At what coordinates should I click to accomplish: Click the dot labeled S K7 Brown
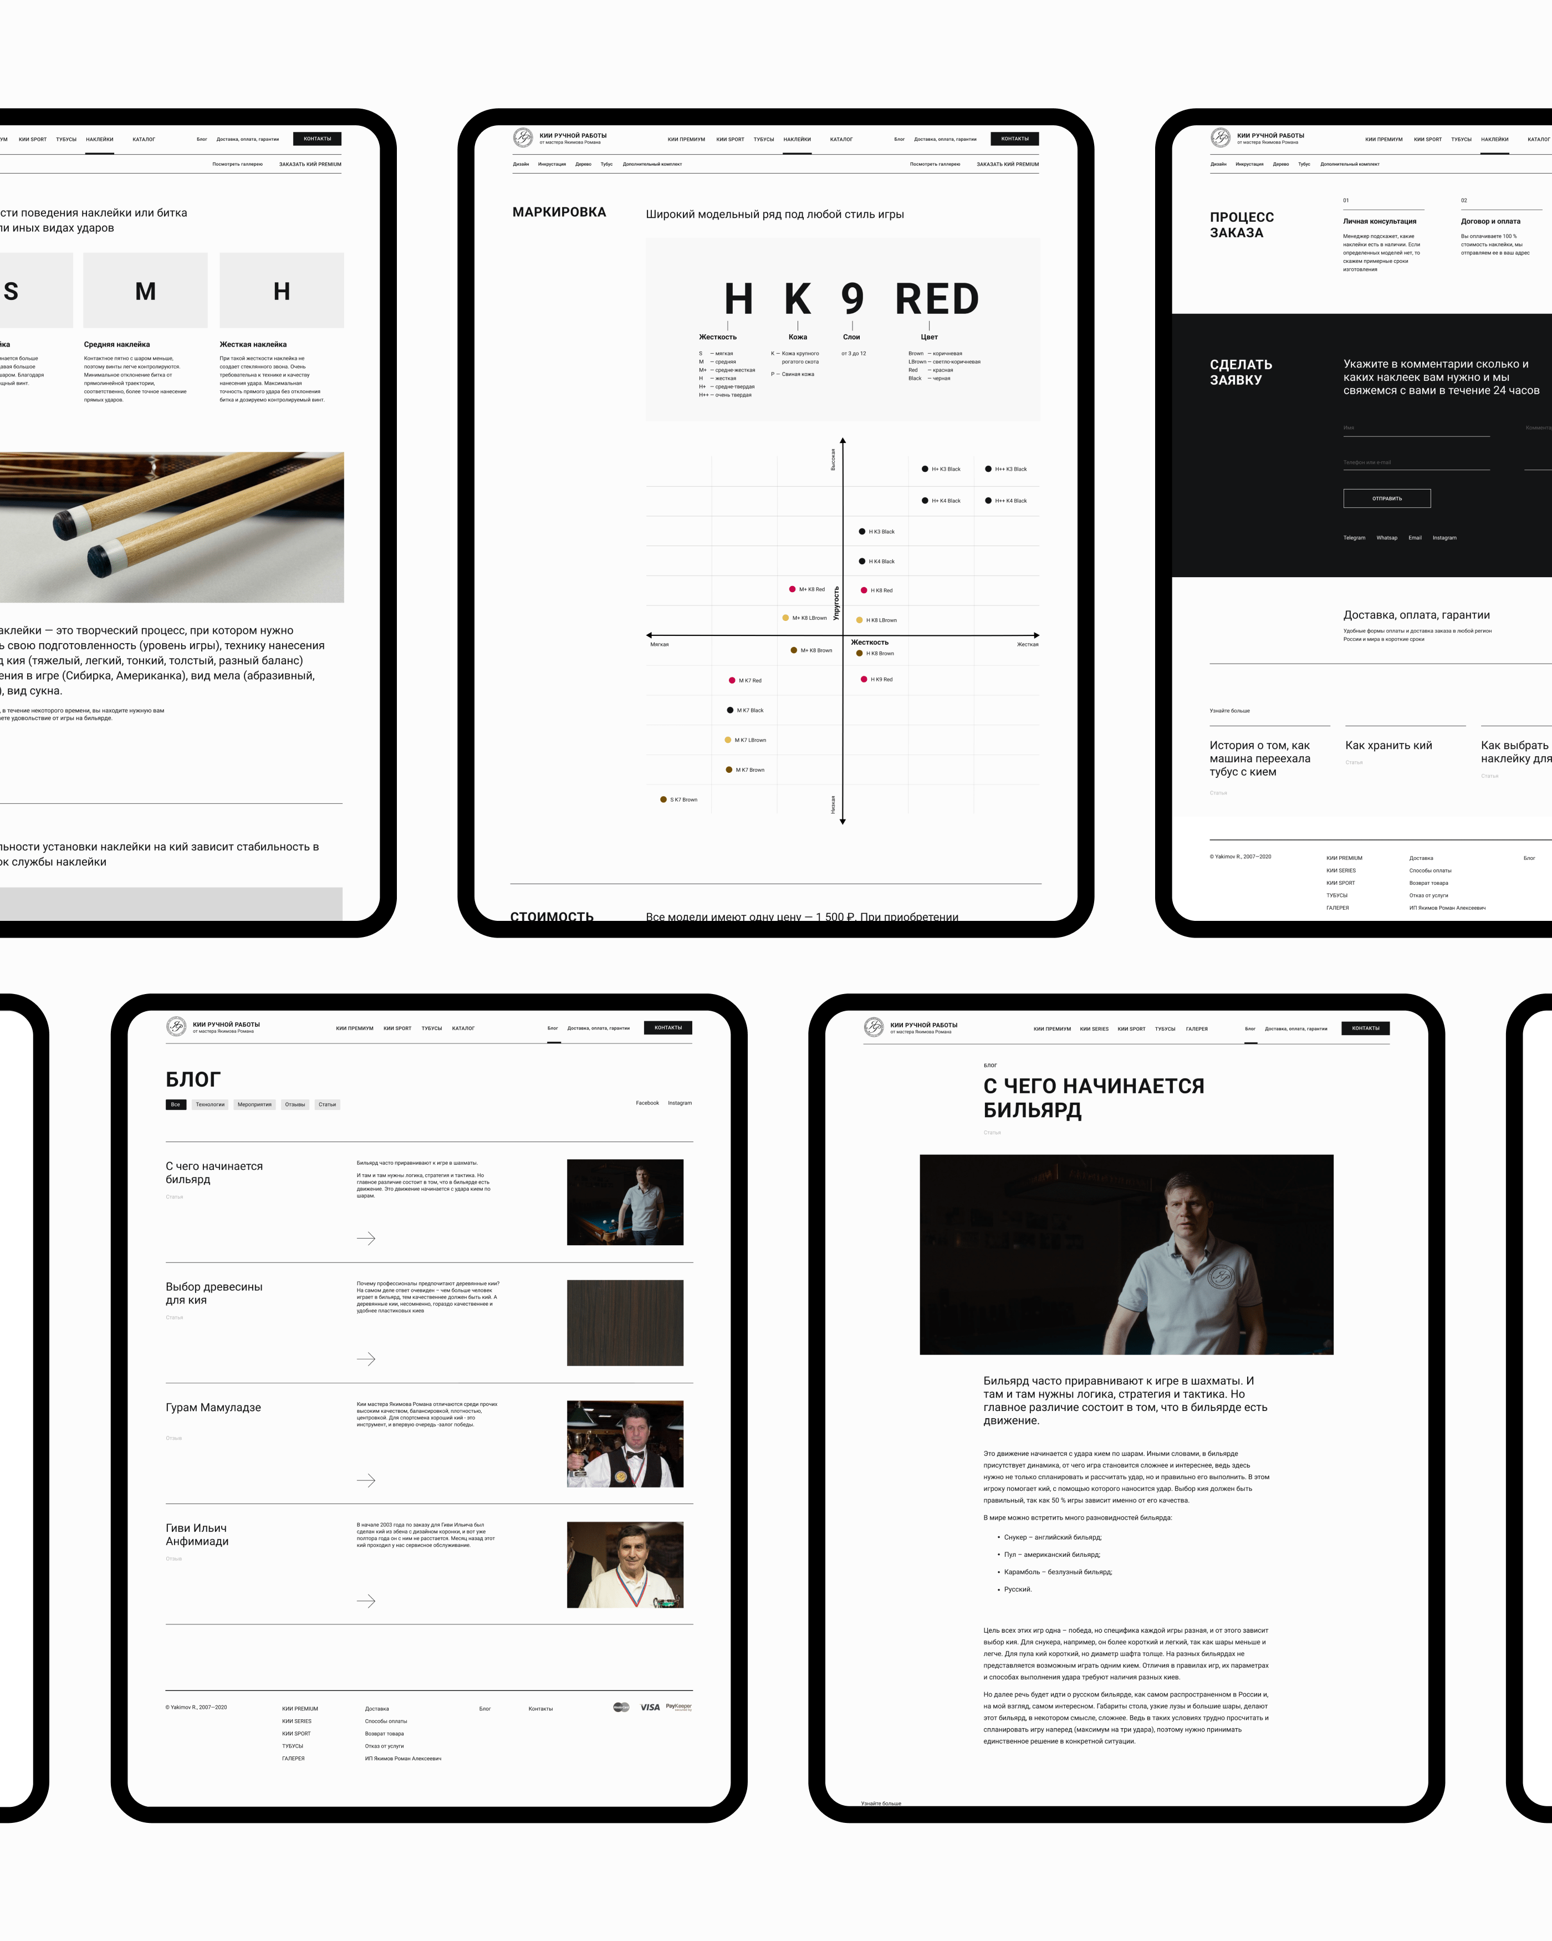tap(663, 799)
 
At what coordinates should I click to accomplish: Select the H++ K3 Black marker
tap(988, 469)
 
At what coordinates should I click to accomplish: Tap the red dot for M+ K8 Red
tap(792, 589)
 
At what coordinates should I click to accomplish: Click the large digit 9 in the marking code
tap(851, 299)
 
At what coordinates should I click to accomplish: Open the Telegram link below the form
tap(1354, 537)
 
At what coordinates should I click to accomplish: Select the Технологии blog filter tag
tap(210, 1104)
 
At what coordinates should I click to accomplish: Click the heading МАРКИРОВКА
tap(559, 212)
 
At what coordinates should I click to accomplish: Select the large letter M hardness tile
tap(145, 291)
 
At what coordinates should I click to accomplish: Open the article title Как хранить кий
tap(1388, 746)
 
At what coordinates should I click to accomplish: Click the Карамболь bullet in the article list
tap(1058, 1572)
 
